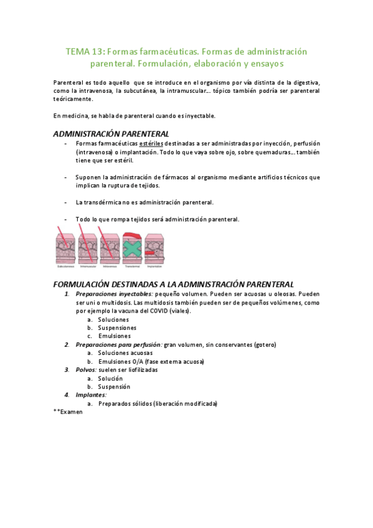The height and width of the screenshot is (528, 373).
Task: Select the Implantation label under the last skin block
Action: [x=153, y=266]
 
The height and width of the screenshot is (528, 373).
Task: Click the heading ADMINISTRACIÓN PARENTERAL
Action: [x=110, y=133]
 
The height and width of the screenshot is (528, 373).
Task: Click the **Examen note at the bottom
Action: [x=68, y=412]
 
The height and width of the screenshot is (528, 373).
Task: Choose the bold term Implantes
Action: [x=91, y=395]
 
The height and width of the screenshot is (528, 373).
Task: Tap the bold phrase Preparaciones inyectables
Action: [x=114, y=293]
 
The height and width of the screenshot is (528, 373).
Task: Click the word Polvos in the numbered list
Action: [x=87, y=369]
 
